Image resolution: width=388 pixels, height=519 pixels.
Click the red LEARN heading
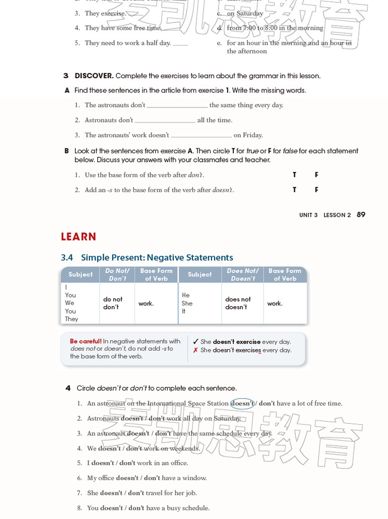[79, 237]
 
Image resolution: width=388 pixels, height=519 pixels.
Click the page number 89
[361, 215]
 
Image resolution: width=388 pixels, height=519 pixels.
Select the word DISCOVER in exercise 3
[94, 76]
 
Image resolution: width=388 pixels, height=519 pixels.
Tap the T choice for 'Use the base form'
[294, 175]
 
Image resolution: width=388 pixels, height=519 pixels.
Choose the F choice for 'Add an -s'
[317, 190]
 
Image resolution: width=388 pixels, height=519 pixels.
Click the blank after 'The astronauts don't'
[177, 105]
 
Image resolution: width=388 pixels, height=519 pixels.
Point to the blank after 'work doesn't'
[201, 135]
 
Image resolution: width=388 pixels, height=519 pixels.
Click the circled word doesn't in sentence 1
[242, 403]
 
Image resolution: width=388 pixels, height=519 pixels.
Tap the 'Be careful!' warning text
[86, 342]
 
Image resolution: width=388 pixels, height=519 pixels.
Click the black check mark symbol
[196, 342]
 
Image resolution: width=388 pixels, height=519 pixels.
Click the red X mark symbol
[196, 350]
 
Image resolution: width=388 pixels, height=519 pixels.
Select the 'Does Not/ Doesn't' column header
[242, 275]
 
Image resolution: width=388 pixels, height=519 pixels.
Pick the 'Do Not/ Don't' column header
[117, 275]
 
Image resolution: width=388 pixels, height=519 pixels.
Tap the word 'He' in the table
[185, 295]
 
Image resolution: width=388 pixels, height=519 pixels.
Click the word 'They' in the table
[72, 319]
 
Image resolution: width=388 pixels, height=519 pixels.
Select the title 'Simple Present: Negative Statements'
[157, 258]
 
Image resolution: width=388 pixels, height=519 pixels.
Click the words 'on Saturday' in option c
[245, 13]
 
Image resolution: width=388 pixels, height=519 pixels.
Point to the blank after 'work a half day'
[180, 43]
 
